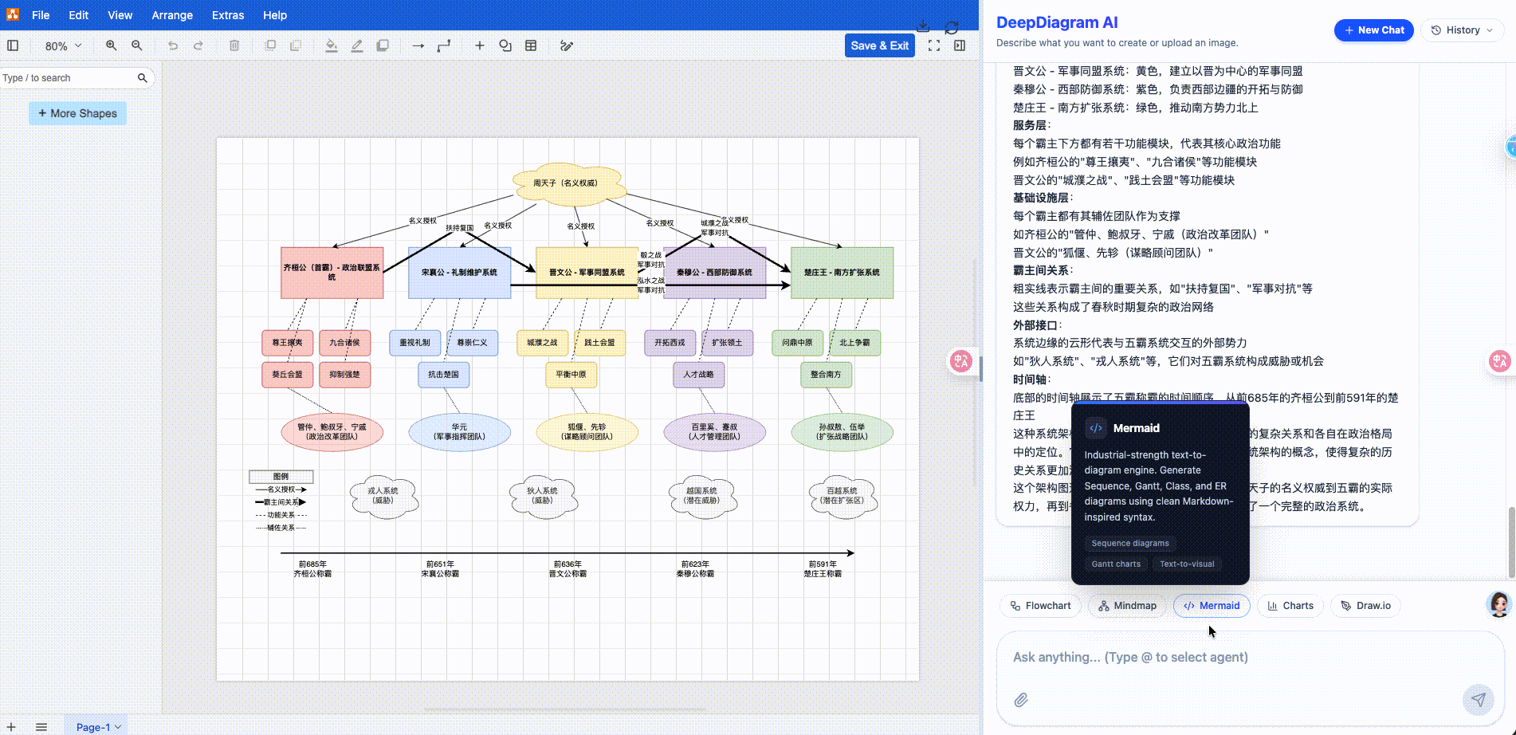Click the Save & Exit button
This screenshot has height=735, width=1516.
tap(879, 45)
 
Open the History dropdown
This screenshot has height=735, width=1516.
tap(1462, 30)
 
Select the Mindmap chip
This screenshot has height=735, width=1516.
tap(1127, 606)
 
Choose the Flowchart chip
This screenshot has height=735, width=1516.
tap(1040, 606)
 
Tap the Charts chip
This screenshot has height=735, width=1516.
tap(1290, 606)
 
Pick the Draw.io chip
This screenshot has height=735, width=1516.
tap(1365, 606)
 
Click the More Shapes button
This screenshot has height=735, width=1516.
tap(77, 113)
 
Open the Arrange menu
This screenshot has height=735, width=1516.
tap(172, 15)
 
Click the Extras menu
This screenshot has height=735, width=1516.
tap(228, 15)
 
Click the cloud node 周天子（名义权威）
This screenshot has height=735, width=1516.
tap(566, 183)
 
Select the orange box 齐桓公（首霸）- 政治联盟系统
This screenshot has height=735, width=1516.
tap(332, 273)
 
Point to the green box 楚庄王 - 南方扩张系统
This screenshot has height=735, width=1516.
tap(842, 273)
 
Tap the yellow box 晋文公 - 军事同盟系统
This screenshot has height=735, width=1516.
tap(587, 273)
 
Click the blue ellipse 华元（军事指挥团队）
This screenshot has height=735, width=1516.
tap(459, 432)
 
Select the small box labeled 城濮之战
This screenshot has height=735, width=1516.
tap(542, 343)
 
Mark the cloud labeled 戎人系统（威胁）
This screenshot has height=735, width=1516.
tap(383, 497)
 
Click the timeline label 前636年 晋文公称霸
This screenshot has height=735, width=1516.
tap(568, 568)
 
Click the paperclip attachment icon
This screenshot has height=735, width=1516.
tap(1021, 700)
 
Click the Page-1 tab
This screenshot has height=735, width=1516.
tap(94, 727)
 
